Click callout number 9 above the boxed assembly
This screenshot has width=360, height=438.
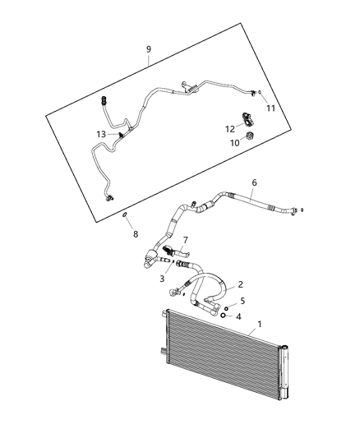(x=148, y=49)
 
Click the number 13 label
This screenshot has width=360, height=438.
(x=100, y=134)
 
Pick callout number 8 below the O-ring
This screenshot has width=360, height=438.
(x=136, y=234)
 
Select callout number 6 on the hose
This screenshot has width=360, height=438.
(x=253, y=182)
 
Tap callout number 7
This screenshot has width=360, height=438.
(x=186, y=240)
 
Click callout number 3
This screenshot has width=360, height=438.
(x=162, y=279)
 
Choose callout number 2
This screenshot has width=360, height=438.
(x=240, y=284)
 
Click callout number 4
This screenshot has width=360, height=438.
(x=239, y=316)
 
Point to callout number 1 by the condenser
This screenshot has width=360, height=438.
(x=261, y=325)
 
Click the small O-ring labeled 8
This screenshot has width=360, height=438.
(x=123, y=216)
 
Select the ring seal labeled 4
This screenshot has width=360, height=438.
(x=223, y=316)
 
